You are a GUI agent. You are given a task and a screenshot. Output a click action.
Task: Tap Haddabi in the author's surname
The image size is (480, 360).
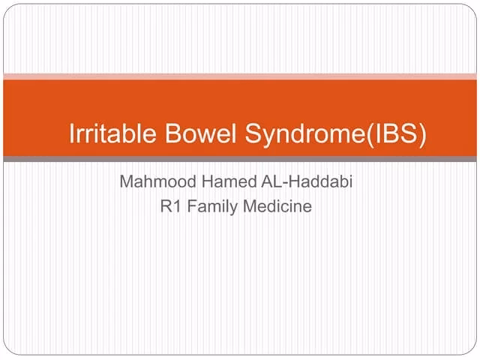(x=319, y=182)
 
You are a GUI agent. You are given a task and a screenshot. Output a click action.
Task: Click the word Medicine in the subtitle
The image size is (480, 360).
(x=277, y=206)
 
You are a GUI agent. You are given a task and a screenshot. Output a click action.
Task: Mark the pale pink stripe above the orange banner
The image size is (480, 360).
(x=240, y=76)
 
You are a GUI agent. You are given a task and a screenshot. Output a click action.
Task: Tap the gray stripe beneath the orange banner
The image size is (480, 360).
(x=240, y=159)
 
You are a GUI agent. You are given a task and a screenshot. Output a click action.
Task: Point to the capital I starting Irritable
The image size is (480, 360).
(x=71, y=134)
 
